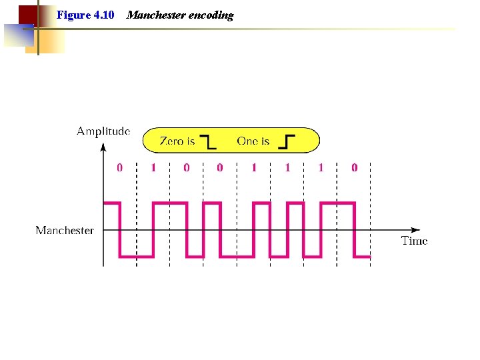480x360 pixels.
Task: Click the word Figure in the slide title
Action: coord(71,15)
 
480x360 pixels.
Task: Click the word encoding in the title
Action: coord(212,15)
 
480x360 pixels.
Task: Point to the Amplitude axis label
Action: coord(103,131)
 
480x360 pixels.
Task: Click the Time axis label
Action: coord(414,241)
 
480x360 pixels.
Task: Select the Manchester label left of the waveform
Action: coord(65,231)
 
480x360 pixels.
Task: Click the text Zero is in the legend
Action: coord(177,141)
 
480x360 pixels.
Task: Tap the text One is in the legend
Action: coord(253,141)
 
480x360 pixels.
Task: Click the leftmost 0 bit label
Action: coord(120,168)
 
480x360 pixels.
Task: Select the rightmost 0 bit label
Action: coord(354,168)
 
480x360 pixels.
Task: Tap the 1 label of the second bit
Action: coord(153,168)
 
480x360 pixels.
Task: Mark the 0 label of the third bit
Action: coord(187,168)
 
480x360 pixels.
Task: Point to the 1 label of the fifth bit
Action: coord(254,168)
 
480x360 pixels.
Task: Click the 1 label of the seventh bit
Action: coord(321,168)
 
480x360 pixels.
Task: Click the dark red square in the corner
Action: coord(27,14)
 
